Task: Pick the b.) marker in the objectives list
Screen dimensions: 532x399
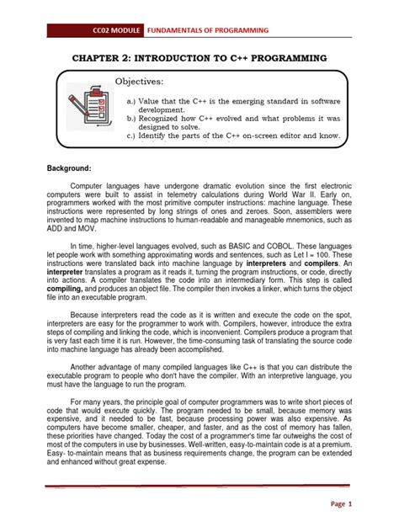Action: pyautogui.click(x=132, y=121)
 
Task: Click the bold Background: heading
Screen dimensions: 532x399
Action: pyautogui.click(x=67, y=168)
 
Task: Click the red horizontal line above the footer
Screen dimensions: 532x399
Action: pyautogui.click(x=199, y=487)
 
